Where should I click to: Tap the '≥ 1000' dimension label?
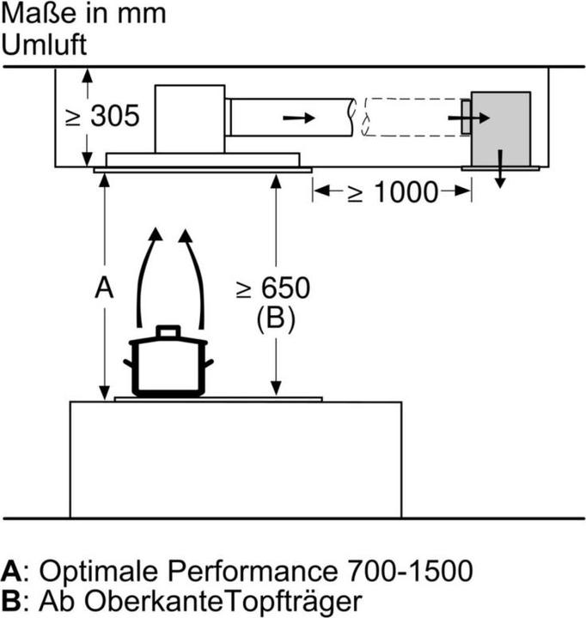(392, 192)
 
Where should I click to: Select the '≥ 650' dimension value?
(274, 289)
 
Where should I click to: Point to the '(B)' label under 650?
(275, 319)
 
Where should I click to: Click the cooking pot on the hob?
(168, 366)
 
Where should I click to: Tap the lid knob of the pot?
(168, 330)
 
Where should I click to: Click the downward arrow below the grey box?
(500, 175)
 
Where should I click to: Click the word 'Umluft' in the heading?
(45, 44)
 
